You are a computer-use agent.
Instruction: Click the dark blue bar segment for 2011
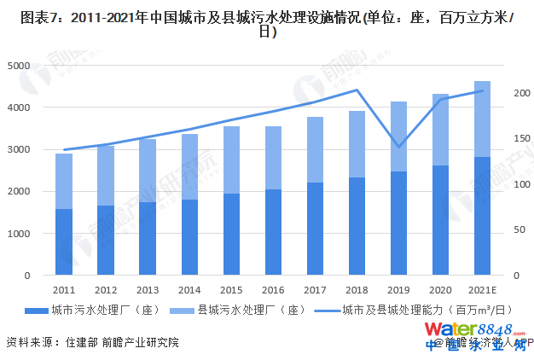(64, 242)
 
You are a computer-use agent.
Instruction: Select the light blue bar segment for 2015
(231, 160)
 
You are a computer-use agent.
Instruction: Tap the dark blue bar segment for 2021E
(482, 216)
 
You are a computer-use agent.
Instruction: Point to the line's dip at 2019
(398, 146)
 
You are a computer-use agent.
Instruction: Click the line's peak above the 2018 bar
(357, 90)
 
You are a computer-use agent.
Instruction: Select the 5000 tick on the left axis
(17, 66)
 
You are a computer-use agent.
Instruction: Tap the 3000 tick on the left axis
(17, 149)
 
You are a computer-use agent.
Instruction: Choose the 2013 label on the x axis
(148, 290)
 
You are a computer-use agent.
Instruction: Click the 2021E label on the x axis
(482, 290)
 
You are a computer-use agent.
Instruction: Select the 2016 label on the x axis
(273, 290)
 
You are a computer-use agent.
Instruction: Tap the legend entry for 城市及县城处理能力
(409, 311)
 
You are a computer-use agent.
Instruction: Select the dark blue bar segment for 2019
(398, 224)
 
